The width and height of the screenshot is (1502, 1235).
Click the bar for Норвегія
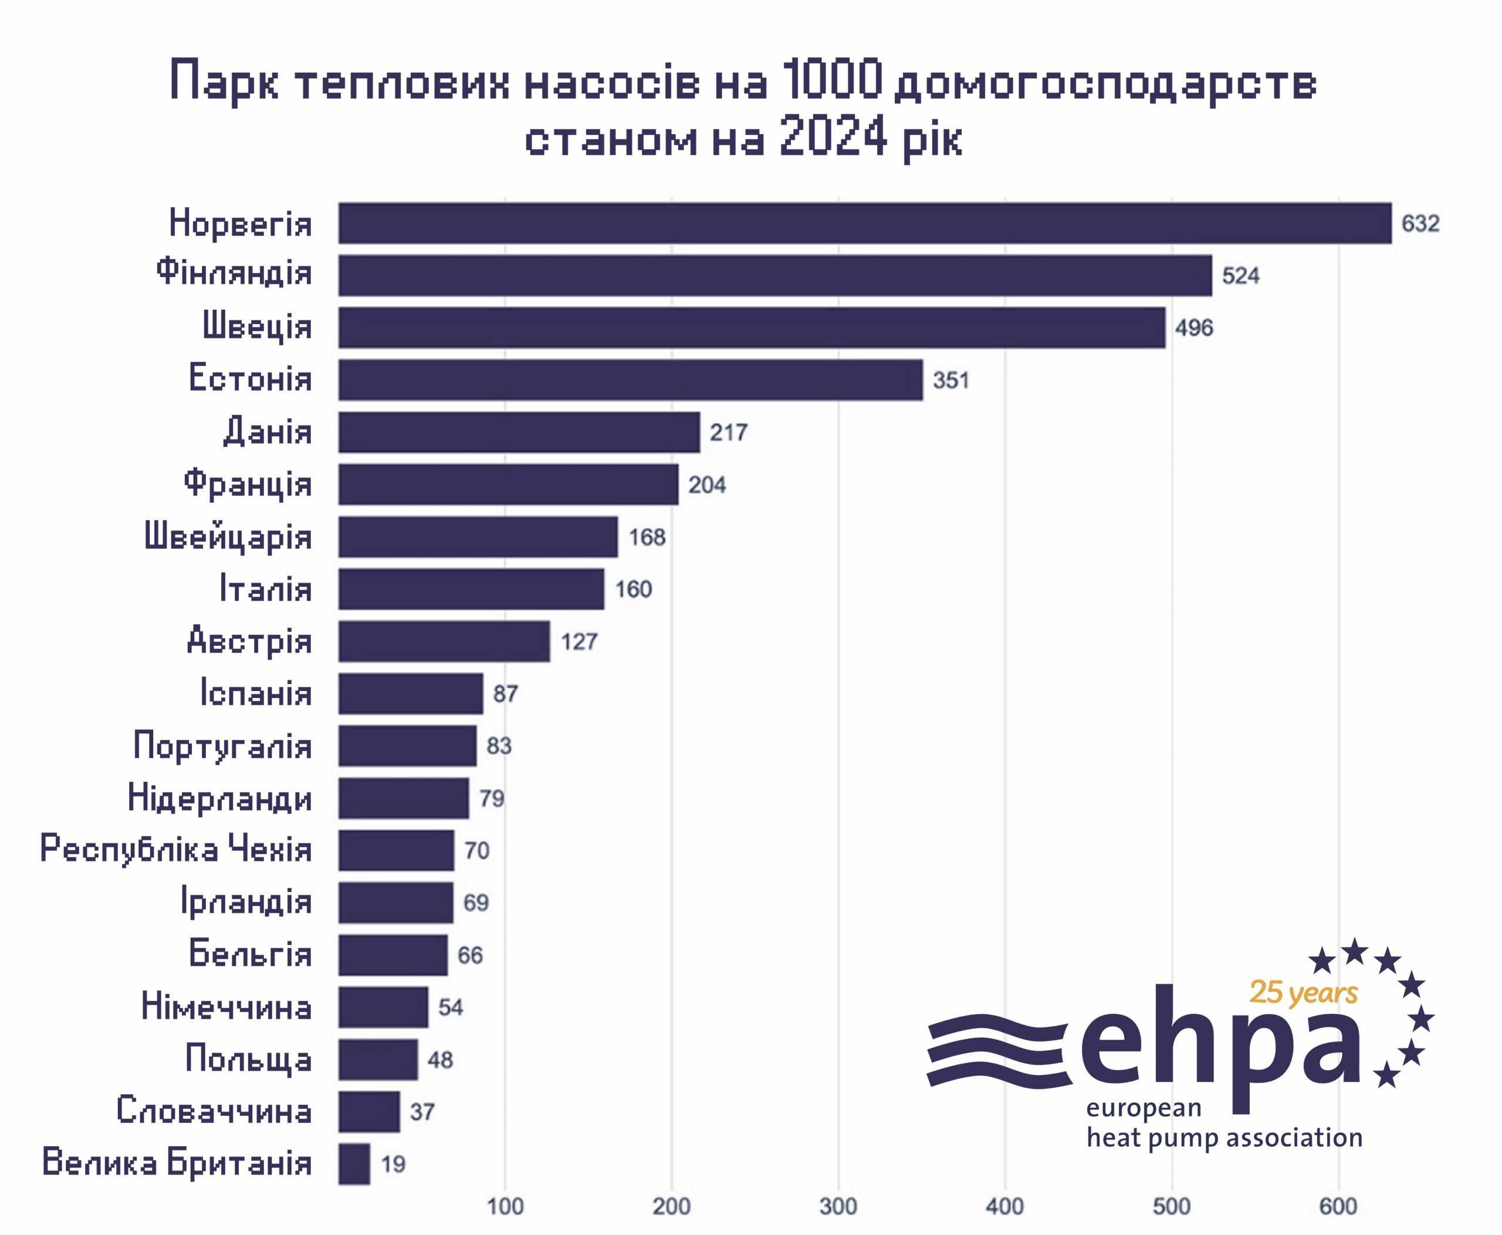click(864, 224)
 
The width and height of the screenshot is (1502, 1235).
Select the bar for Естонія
click(630, 380)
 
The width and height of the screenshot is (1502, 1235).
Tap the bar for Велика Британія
click(354, 1164)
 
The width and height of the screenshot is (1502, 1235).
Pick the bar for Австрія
click(444, 641)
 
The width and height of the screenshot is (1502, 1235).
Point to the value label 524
click(1240, 276)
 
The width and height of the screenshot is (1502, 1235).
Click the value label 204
click(706, 485)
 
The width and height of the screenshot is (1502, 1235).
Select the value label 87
click(505, 693)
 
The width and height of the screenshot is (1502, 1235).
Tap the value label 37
click(422, 1112)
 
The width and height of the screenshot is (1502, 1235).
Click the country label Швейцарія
click(228, 536)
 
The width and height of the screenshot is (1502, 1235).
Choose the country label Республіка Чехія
click(176, 850)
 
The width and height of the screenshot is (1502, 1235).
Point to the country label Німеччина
click(226, 1007)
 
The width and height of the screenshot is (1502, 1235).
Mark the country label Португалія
click(223, 746)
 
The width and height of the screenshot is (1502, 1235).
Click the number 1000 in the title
click(833, 80)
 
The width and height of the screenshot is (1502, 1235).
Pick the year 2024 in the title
click(833, 137)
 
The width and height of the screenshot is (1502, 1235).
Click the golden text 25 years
click(1304, 993)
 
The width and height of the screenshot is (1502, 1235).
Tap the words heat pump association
click(1224, 1138)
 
